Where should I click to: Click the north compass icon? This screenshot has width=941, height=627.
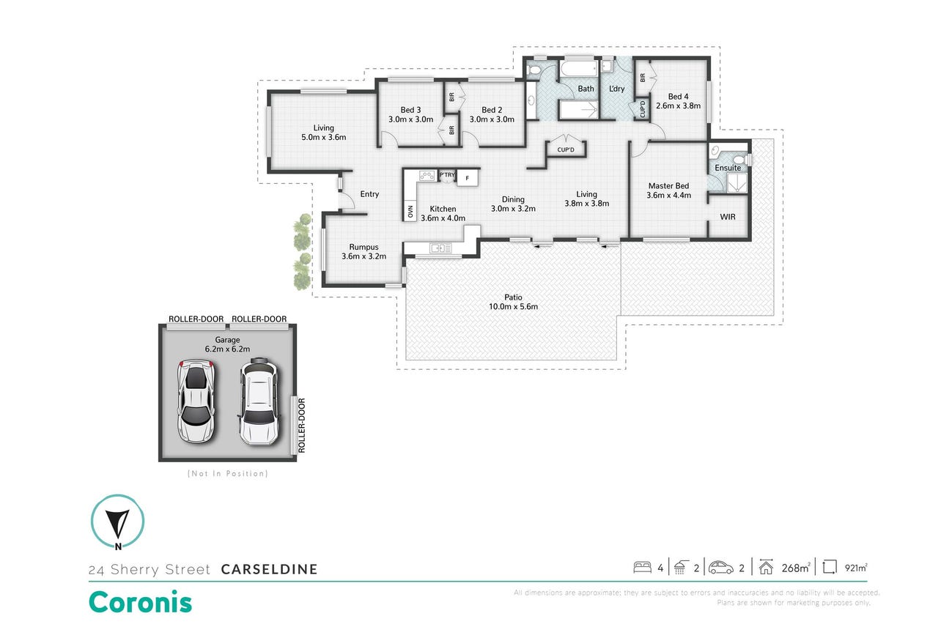(x=117, y=522)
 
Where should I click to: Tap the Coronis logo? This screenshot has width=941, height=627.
(x=140, y=602)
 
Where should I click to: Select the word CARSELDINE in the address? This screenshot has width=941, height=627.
(x=269, y=569)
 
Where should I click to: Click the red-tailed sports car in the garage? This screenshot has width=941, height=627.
(x=196, y=401)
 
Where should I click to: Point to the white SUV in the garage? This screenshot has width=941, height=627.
(x=259, y=401)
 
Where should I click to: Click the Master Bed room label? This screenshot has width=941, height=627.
(x=668, y=185)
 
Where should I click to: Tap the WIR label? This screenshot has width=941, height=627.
(x=728, y=217)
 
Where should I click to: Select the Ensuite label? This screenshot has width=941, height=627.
(x=728, y=168)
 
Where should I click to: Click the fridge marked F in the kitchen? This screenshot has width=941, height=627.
(x=467, y=178)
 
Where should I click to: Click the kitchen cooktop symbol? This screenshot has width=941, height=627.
(x=427, y=176)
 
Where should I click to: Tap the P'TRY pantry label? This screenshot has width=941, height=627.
(x=447, y=175)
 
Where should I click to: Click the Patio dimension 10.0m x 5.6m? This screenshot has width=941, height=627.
(x=513, y=307)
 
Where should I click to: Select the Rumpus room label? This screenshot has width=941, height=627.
(x=364, y=247)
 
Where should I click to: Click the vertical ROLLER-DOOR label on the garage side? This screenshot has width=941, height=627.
(x=301, y=426)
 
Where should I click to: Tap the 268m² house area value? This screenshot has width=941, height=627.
(x=796, y=568)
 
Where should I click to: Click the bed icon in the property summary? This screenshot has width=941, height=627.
(x=642, y=568)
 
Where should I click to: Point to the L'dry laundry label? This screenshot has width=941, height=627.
(x=616, y=89)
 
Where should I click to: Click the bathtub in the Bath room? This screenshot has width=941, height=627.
(x=578, y=69)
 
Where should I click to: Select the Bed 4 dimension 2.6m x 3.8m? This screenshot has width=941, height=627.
(x=678, y=105)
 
